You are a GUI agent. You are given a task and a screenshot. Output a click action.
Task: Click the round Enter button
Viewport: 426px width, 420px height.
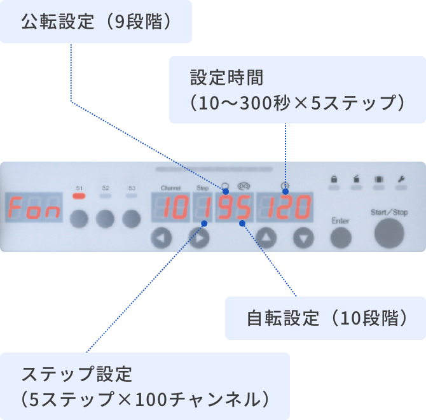(341, 237)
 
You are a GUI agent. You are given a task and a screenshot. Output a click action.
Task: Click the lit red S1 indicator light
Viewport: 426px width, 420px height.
(79, 197)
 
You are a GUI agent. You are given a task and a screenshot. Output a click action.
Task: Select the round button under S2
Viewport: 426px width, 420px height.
(105, 219)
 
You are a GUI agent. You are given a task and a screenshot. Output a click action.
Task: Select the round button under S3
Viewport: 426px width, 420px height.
(131, 219)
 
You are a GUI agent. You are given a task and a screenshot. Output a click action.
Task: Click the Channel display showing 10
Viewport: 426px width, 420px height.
(170, 208)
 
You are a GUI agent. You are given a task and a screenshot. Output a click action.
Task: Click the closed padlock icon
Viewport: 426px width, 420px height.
(333, 179)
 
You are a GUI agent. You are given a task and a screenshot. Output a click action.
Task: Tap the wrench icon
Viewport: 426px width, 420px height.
(401, 179)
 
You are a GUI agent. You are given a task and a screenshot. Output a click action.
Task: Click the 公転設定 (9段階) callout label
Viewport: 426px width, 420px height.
(96, 22)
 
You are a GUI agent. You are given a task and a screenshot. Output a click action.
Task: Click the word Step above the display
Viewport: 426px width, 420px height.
(202, 188)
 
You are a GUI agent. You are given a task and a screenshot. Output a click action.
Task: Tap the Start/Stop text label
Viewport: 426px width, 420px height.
(389, 212)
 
